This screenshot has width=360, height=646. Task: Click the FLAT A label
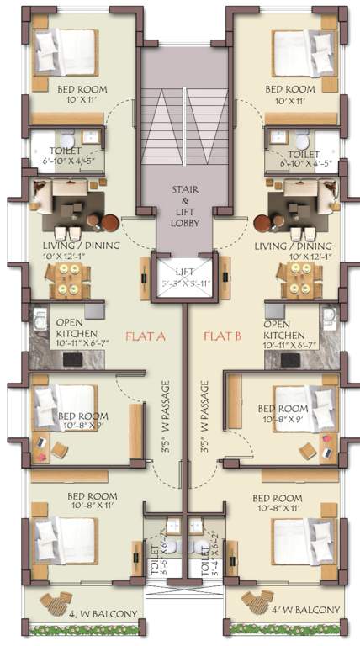pyautogui.click(x=145, y=336)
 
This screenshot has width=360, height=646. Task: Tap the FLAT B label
pyautogui.click(x=222, y=336)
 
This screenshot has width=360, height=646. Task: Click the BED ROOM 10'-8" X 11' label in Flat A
pyautogui.click(x=93, y=502)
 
